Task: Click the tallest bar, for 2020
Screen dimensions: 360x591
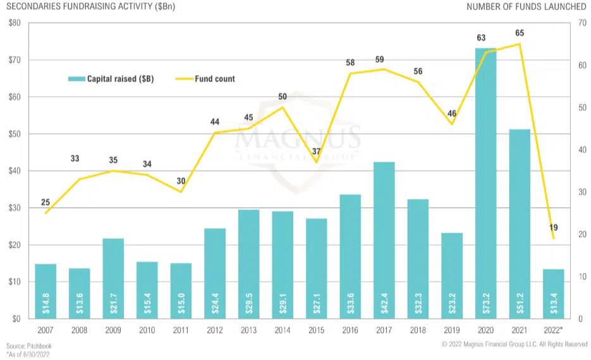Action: tap(485, 183)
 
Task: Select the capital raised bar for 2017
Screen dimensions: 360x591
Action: tap(384, 240)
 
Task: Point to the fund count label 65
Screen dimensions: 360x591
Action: tap(520, 33)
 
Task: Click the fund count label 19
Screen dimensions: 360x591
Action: tap(554, 227)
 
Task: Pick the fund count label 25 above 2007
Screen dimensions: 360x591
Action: tap(46, 202)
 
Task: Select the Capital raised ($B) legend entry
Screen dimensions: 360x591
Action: tap(111, 79)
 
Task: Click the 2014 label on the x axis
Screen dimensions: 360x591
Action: tap(283, 331)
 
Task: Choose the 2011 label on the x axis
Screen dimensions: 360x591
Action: tap(181, 331)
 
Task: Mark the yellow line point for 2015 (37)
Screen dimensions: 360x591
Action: tap(316, 162)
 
